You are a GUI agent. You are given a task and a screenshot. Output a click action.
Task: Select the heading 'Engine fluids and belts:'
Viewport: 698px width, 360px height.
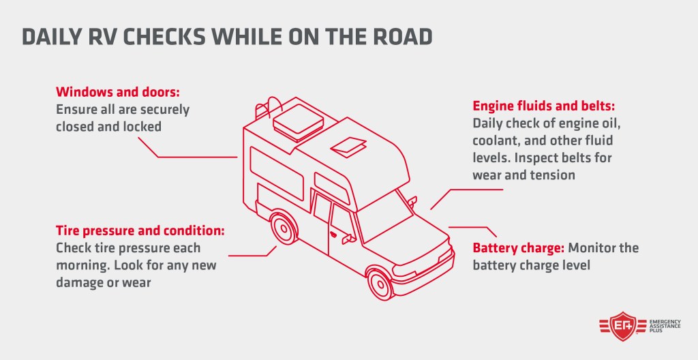click(543, 106)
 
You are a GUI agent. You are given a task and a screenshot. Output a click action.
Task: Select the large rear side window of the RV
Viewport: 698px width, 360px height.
click(277, 168)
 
